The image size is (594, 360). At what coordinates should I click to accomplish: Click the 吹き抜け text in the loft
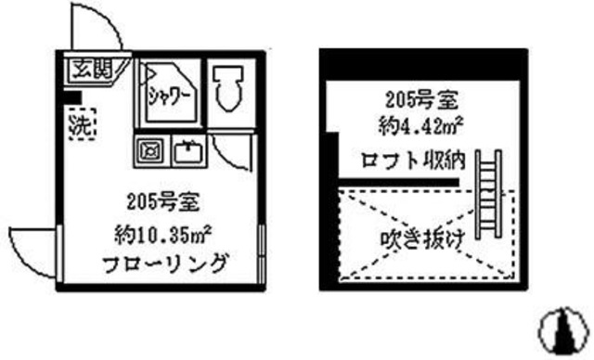pyautogui.click(x=422, y=238)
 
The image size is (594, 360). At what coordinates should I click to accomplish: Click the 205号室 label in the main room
pyautogui.click(x=159, y=200)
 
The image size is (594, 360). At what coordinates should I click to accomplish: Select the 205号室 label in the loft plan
pyautogui.click(x=414, y=99)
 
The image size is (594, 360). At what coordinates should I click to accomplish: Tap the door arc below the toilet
pyautogui.click(x=232, y=152)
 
